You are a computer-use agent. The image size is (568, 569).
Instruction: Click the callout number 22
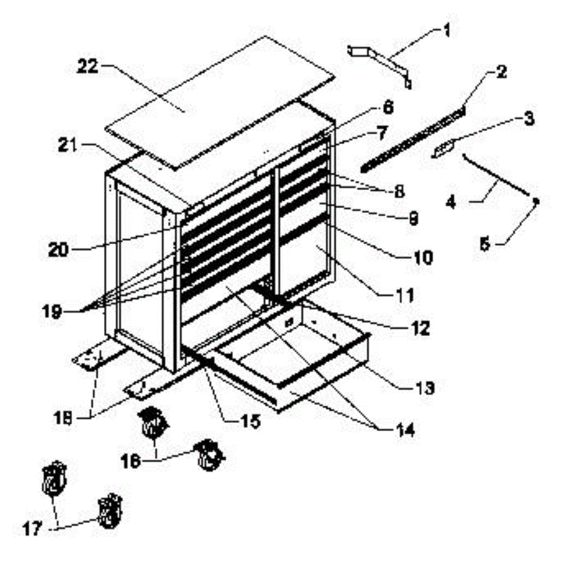[x=88, y=67]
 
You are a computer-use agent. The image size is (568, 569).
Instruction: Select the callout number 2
[x=501, y=73]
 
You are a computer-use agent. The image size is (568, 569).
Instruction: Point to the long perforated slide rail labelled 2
[x=413, y=138]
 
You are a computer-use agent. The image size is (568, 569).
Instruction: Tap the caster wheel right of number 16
[x=209, y=455]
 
